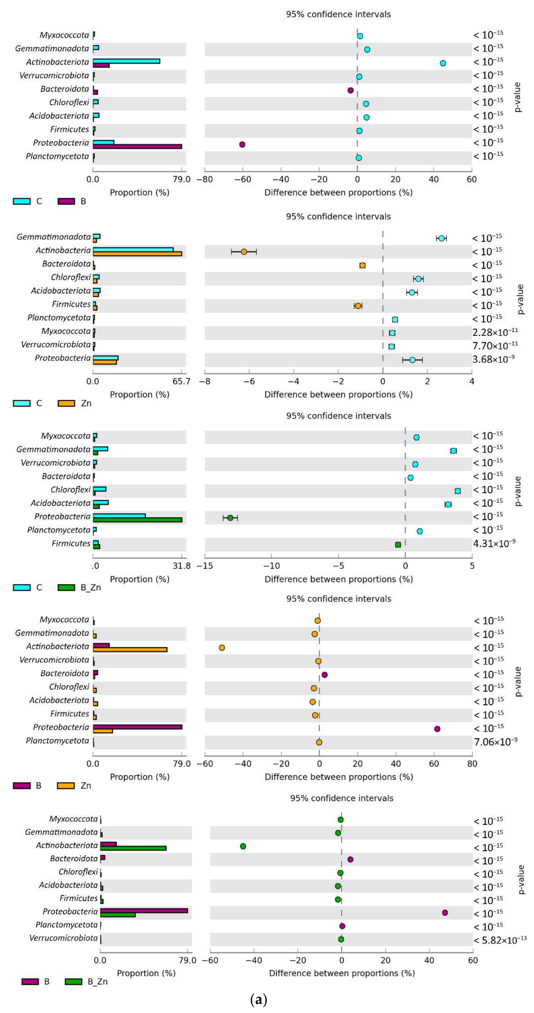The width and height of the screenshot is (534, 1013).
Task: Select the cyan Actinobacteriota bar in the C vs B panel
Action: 126,61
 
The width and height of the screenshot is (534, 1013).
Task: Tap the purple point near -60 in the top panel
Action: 242,144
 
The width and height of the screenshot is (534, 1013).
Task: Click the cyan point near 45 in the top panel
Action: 443,63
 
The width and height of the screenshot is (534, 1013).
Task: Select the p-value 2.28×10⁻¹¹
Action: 495,332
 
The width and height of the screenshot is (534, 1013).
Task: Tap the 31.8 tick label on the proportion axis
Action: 181,566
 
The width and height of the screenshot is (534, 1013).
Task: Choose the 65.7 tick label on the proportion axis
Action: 181,381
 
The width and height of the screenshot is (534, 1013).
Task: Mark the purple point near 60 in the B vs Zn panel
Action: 437,729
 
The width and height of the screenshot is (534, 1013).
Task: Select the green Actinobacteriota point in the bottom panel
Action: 243,846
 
